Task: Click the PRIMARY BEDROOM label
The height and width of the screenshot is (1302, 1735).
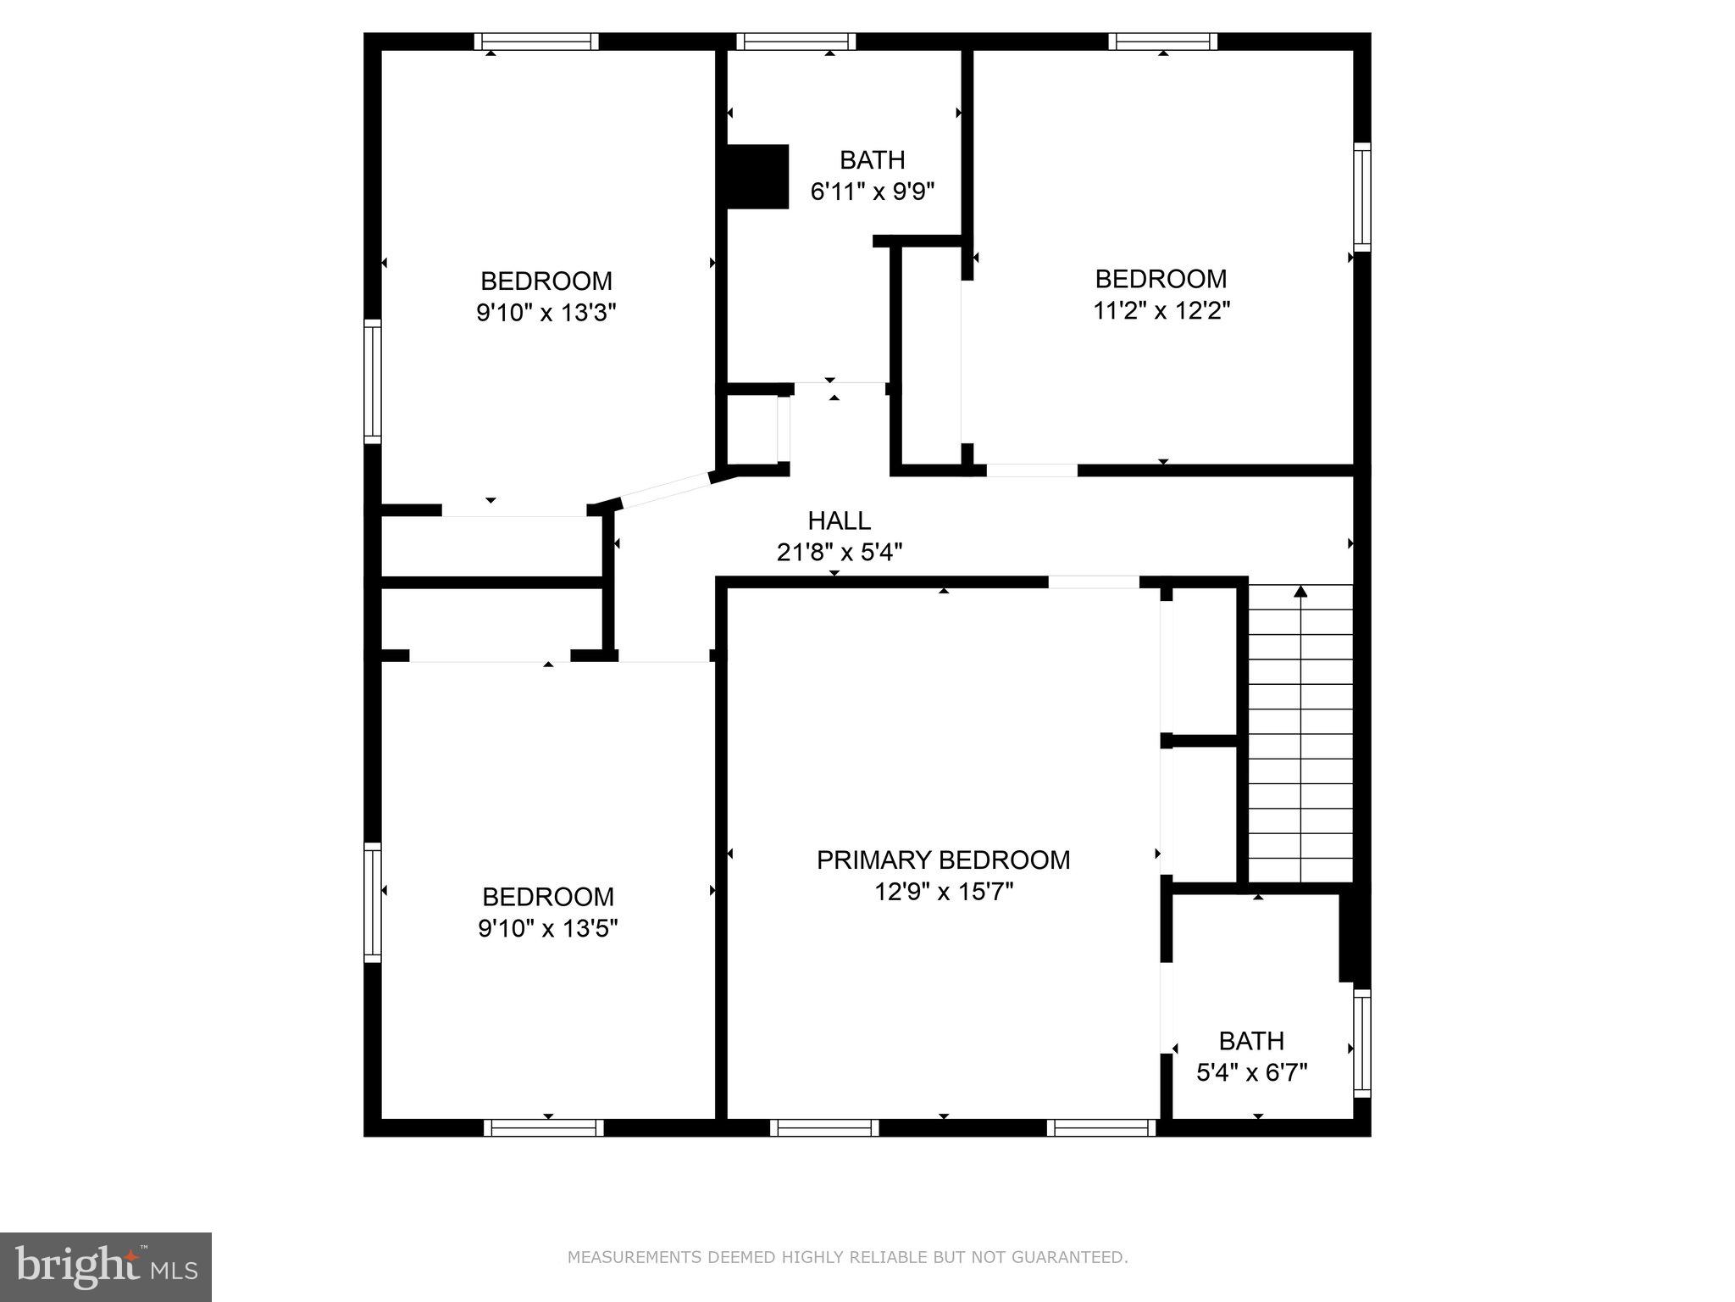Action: point(943,860)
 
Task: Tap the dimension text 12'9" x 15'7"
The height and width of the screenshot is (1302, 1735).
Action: point(943,892)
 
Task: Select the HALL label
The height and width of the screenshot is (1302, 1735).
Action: point(839,520)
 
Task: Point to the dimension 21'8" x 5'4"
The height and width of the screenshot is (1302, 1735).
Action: point(839,553)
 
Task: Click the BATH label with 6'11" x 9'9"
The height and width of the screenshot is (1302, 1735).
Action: point(872,159)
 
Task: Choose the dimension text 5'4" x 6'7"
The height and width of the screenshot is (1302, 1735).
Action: point(1251,1073)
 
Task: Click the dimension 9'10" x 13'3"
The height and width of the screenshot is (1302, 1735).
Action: point(546,313)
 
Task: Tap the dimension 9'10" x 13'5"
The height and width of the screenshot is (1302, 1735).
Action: point(547,928)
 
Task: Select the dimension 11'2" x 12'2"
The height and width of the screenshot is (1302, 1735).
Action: point(1161,310)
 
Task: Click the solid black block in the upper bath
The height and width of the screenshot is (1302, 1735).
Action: point(757,175)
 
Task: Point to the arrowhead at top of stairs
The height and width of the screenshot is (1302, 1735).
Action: point(1300,590)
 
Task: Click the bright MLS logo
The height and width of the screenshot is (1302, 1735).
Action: point(105,1266)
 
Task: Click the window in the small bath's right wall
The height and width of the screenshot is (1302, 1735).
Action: point(1361,1043)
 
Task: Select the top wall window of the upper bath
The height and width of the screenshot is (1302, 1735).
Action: point(795,42)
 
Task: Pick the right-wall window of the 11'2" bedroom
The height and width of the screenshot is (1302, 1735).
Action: point(1361,197)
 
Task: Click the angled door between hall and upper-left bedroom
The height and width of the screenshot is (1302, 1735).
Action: point(665,491)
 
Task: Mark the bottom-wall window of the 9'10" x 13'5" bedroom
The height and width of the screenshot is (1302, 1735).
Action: point(544,1127)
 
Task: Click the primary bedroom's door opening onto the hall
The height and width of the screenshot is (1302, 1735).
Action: point(1094,582)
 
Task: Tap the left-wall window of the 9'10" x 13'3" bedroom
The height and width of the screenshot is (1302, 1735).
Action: point(373,381)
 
